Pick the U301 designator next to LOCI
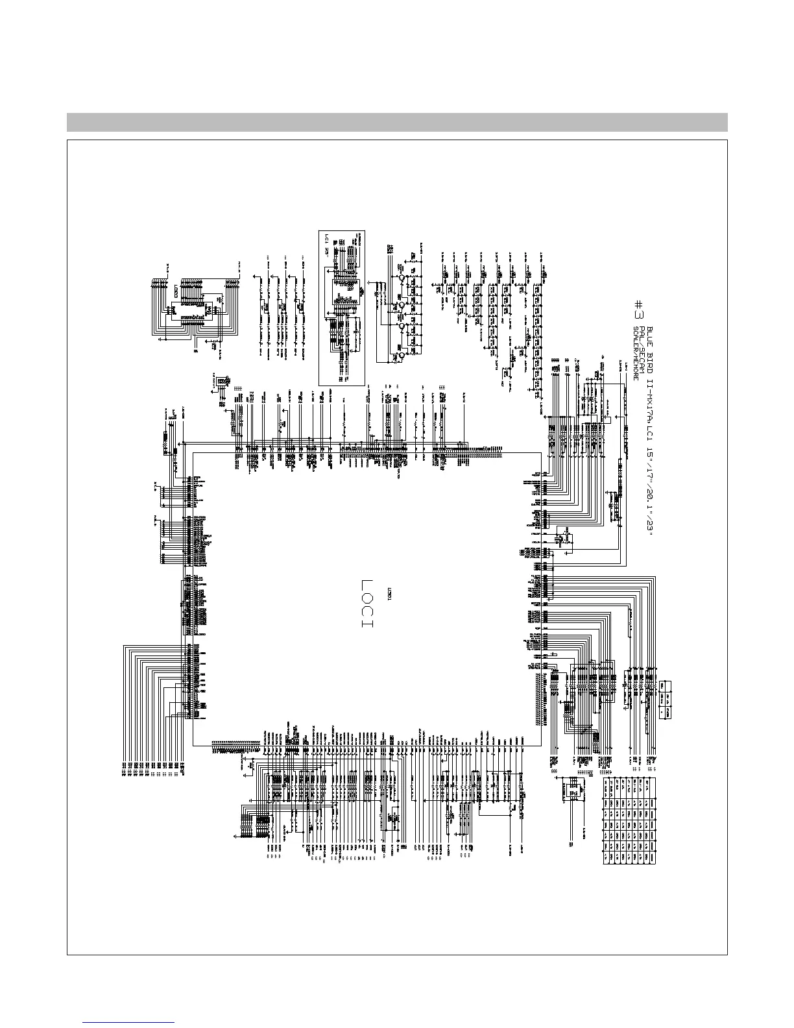(x=389, y=594)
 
